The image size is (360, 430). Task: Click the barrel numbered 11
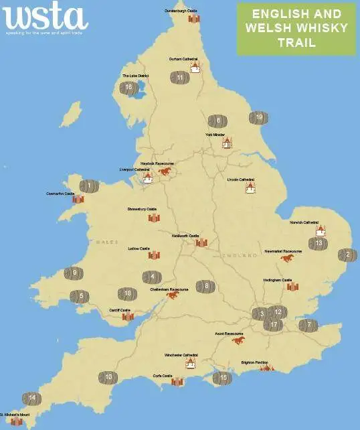[179, 78]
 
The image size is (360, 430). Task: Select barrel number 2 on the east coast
[347, 255]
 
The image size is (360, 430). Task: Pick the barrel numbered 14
[31, 399]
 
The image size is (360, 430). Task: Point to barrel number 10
[108, 378]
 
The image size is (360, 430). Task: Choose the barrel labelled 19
[259, 118]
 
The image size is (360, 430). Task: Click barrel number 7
[308, 326]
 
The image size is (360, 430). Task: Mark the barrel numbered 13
[319, 243]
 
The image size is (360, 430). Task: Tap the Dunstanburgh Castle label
[182, 11]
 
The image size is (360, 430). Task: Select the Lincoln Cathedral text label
[242, 180]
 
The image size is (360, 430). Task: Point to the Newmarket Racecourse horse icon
[287, 258]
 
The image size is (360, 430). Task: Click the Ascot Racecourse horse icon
[238, 340]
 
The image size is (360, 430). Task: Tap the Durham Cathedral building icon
[195, 67]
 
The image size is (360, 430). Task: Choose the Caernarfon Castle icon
[78, 200]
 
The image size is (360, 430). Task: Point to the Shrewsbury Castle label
[142, 209]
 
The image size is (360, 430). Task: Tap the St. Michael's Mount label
[15, 415]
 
